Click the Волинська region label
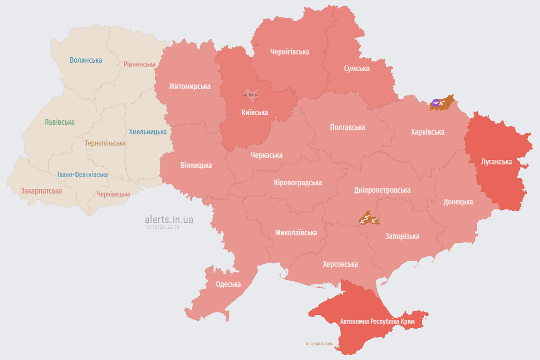point(86,60)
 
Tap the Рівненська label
point(139,64)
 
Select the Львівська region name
point(60,122)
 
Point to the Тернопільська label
point(105,143)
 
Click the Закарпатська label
point(41,191)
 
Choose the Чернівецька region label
point(114,194)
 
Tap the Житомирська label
point(190,86)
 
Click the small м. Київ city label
point(251,95)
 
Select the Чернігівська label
point(289,52)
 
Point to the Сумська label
point(357,68)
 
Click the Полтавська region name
point(347,127)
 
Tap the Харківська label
point(427,132)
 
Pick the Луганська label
point(496,162)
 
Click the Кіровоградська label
point(298,182)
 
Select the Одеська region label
point(228,284)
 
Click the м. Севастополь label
point(319,344)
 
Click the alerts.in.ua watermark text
point(169,219)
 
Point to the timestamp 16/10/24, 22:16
point(162,227)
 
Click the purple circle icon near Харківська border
point(435,103)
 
